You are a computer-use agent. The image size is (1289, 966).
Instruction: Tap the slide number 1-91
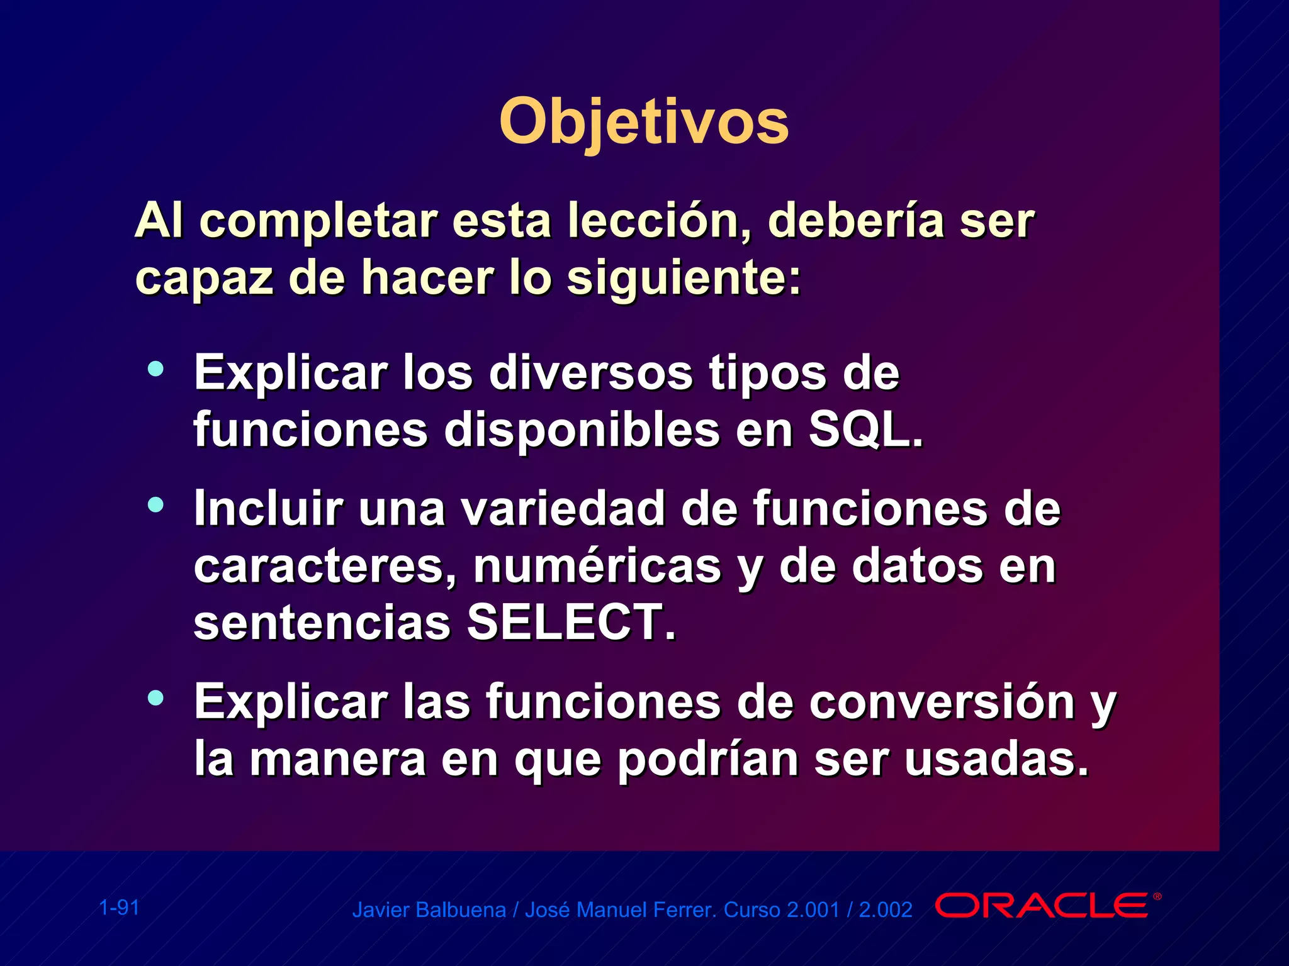[120, 908]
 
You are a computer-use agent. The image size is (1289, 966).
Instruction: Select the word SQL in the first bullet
[865, 430]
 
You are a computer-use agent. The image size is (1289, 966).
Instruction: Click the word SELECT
[570, 623]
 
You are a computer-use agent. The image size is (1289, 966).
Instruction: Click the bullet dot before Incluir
[155, 504]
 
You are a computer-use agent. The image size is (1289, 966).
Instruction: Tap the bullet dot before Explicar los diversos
[155, 369]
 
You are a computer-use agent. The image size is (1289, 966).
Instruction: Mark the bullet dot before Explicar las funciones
[155, 697]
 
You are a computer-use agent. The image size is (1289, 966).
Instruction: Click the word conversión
[942, 702]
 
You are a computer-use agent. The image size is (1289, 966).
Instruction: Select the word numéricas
[597, 566]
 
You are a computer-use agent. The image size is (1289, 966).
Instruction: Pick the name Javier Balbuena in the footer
[429, 910]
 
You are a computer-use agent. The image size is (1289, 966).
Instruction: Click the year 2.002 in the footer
[885, 910]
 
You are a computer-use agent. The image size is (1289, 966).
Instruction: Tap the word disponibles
[582, 430]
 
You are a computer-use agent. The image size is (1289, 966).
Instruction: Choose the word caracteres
[325, 566]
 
